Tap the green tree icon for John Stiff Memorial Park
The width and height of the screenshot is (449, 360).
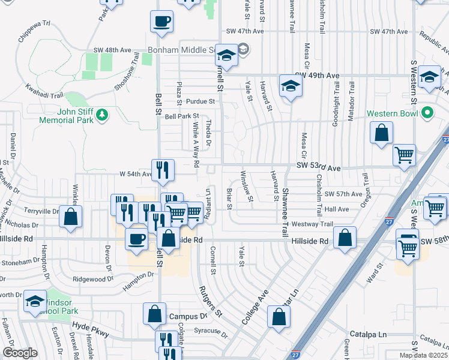pos(102,113)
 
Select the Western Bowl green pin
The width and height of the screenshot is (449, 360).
pos(427,112)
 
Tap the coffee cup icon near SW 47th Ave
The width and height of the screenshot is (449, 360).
pos(161,22)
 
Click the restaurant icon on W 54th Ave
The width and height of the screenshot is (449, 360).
pos(163,170)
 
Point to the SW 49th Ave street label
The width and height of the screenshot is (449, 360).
pos(316,76)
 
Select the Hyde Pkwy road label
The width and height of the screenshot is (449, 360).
pos(88,328)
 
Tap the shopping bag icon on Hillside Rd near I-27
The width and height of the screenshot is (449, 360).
pos(345,238)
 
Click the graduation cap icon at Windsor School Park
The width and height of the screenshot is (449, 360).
pos(35,302)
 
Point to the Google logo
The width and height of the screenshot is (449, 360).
pos(20,353)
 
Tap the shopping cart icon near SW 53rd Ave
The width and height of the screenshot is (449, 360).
pos(404,155)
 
